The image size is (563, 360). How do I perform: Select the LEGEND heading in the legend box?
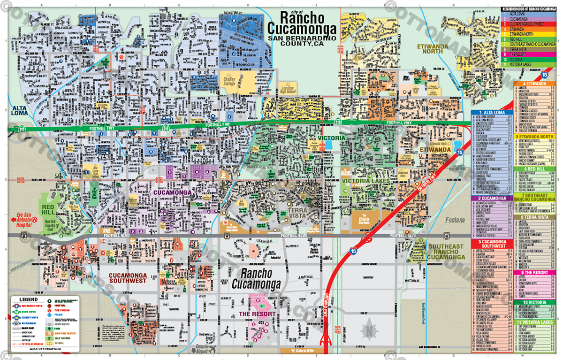point(28,299)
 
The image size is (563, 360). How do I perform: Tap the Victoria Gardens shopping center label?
point(365,219)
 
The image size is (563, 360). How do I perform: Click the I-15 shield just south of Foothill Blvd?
point(352,252)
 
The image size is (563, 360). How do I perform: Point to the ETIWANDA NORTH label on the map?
point(430,48)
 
